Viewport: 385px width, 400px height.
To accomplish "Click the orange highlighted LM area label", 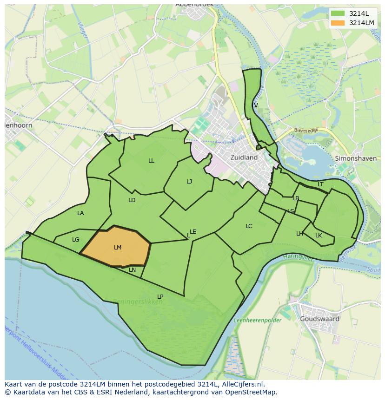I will pyautogui.click(x=118, y=248).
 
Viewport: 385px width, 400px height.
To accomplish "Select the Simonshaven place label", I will pyautogui.click(x=355, y=158).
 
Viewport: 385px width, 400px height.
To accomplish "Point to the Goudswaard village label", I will pyautogui.click(x=319, y=319).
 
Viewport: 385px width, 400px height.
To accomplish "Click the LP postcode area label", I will pyautogui.click(x=160, y=297).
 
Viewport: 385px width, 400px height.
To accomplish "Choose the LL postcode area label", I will pyautogui.click(x=151, y=161).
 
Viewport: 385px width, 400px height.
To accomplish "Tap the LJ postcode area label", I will pyautogui.click(x=189, y=182).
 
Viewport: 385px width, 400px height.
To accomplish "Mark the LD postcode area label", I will pyautogui.click(x=132, y=200).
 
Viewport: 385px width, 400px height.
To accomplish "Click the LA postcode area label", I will pyautogui.click(x=80, y=213).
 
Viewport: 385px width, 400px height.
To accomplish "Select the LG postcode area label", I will pyautogui.click(x=76, y=240).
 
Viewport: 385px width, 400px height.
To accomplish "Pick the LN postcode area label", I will pyautogui.click(x=133, y=270).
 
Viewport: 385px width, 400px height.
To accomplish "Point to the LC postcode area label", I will pyautogui.click(x=249, y=226).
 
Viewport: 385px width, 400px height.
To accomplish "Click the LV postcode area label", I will pyautogui.click(x=254, y=105).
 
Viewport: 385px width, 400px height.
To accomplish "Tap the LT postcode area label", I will pyautogui.click(x=320, y=184).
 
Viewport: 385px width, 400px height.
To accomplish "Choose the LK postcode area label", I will pyautogui.click(x=319, y=236).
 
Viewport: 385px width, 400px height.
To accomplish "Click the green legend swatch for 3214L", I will pyautogui.click(x=338, y=13).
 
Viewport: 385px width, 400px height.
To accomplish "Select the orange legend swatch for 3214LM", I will pyautogui.click(x=338, y=23).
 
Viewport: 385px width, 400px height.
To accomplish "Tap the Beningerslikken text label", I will pyautogui.click(x=138, y=302).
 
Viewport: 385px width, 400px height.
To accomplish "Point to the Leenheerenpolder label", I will pyautogui.click(x=257, y=321).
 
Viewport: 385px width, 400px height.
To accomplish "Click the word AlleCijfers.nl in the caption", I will pyautogui.click(x=242, y=384).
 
